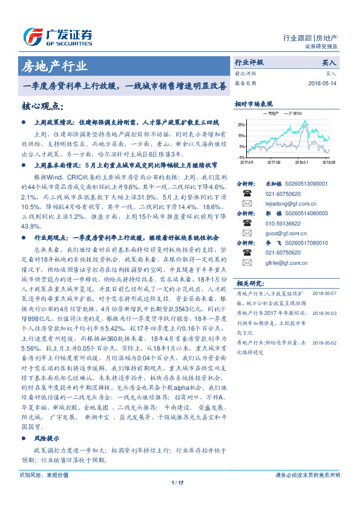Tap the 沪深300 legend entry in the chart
tap(296, 113)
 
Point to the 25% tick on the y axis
tap(241, 125)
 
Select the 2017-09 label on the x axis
tap(274, 163)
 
